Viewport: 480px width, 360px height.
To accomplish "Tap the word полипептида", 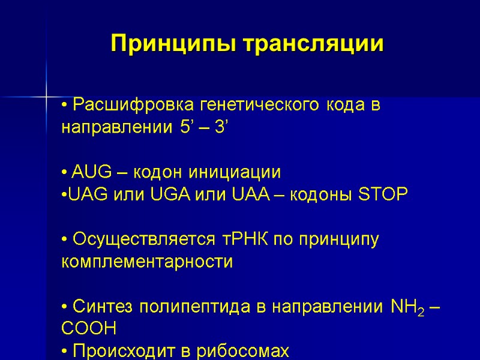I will click(192, 308).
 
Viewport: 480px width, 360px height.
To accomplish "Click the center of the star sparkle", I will click(46, 96).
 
